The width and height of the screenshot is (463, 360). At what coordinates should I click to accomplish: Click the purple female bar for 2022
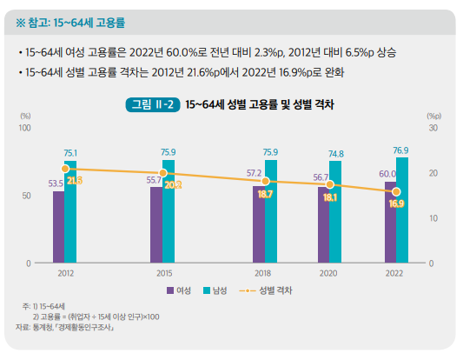click(x=390, y=222)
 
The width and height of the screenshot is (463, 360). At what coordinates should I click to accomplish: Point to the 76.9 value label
click(x=400, y=150)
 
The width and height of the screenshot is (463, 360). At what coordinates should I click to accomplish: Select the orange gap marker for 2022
click(x=396, y=191)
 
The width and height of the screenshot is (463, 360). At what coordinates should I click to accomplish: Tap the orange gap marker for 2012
click(x=65, y=169)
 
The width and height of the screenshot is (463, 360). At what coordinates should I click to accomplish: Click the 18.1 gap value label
click(x=330, y=197)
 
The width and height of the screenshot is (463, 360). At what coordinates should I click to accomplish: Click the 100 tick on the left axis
click(x=24, y=128)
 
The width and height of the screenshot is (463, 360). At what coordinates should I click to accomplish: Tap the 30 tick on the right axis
click(x=432, y=128)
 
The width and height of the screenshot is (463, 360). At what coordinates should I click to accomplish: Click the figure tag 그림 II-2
click(x=151, y=104)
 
